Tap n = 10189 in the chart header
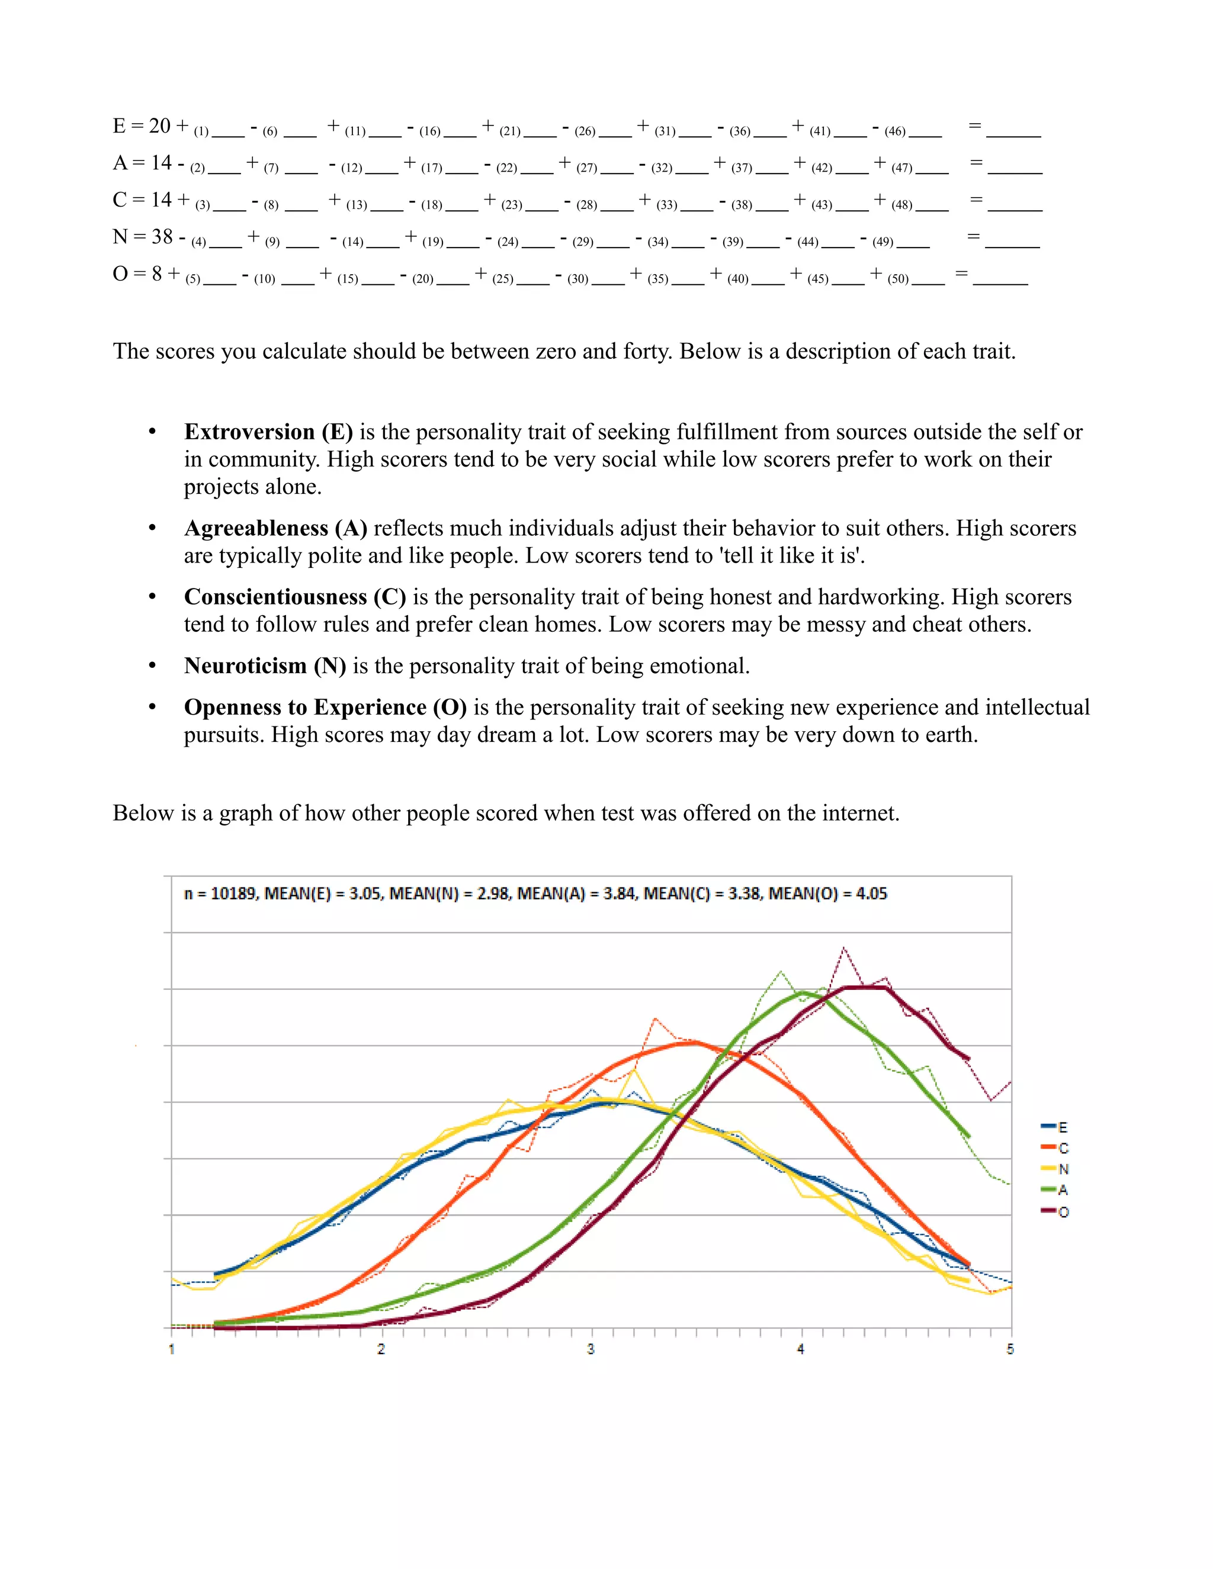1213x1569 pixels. (x=220, y=893)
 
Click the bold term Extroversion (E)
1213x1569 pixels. (x=269, y=432)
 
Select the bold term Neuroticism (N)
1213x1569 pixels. (x=265, y=666)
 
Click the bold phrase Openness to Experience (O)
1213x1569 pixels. (x=326, y=708)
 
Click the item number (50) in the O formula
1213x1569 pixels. (x=898, y=279)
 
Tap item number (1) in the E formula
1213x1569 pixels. (x=201, y=131)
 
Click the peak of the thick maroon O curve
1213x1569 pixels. (x=865, y=987)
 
